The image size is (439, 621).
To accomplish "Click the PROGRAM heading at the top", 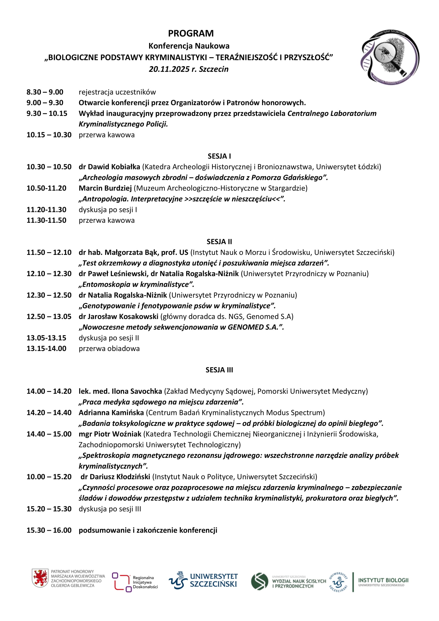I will tap(191, 33).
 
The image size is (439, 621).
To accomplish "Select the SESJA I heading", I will tap(219, 156).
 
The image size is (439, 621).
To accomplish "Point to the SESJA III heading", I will tap(219, 370).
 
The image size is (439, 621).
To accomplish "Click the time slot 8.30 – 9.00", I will tap(45, 92).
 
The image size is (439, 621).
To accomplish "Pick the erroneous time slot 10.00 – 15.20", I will tap(49, 477).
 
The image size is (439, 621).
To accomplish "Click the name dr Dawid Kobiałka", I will tap(109, 167).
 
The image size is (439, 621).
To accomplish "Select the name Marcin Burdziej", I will tap(105, 188).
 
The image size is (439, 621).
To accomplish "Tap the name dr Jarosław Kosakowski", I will tap(118, 316).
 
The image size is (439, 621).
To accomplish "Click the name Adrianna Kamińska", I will tap(111, 413).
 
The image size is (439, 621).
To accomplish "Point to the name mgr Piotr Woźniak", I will tap(110, 434).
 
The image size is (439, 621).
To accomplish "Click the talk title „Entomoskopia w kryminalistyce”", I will tap(136, 284).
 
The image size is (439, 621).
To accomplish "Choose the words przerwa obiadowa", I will tap(109, 348).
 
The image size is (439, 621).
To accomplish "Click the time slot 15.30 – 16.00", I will tap(49, 530).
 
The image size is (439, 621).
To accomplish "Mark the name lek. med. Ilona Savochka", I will tap(120, 391).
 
